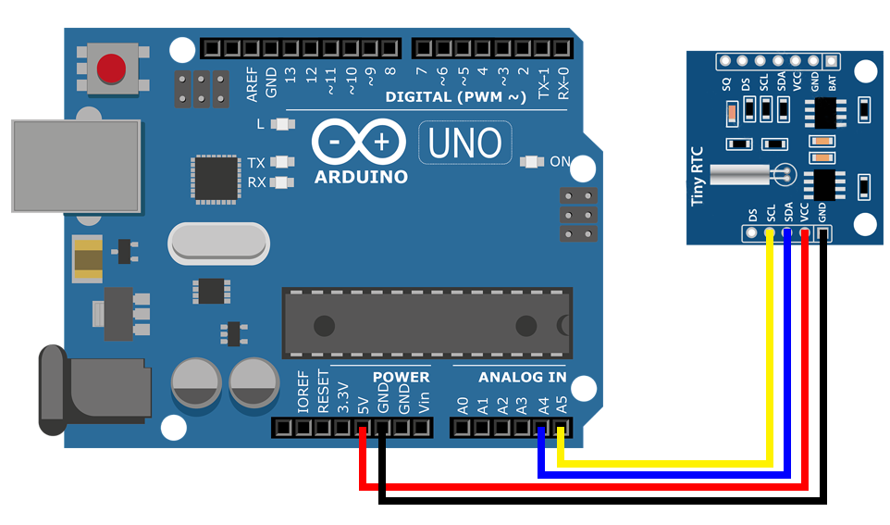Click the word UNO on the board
465,143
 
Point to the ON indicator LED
532,161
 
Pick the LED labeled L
283,124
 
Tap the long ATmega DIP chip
426,323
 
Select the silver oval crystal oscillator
218,244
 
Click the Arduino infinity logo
359,142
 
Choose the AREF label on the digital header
252,82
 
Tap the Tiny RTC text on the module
699,175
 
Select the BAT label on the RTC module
833,82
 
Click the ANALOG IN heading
523,378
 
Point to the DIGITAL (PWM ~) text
456,96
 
